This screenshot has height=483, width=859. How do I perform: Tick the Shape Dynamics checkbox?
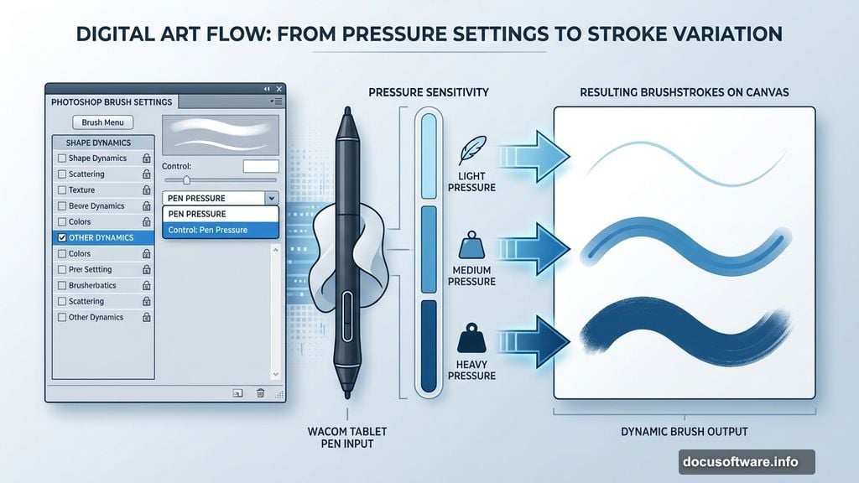point(61,158)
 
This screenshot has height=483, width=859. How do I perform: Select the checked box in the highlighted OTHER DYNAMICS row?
point(61,238)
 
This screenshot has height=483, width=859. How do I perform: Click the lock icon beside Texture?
point(146,190)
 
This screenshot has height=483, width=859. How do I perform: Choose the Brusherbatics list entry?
point(92,286)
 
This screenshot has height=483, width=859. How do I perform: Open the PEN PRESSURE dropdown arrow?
point(270,199)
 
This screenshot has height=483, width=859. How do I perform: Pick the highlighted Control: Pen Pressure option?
point(220,230)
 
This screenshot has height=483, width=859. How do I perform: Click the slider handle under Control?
point(186,180)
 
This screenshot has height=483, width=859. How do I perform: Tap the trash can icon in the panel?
point(260,392)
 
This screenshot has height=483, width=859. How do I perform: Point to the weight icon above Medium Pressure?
point(468,245)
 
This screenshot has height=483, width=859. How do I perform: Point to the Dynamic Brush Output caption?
point(684,432)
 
